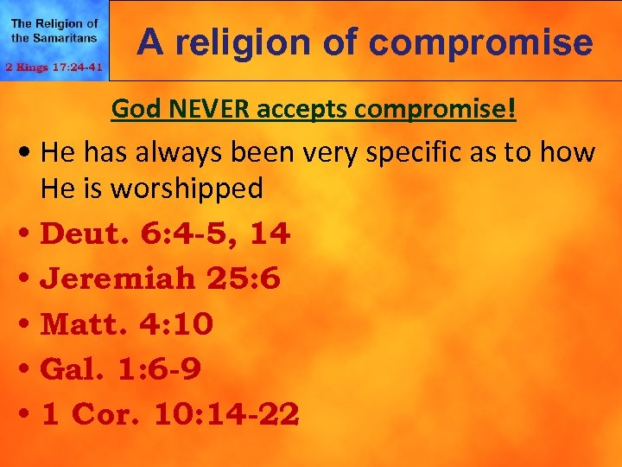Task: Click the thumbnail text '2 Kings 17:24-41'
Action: (54, 67)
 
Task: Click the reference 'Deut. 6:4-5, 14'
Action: (165, 233)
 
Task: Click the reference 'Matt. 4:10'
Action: (127, 324)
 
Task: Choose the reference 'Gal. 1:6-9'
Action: (121, 369)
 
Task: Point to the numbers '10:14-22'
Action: (226, 414)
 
